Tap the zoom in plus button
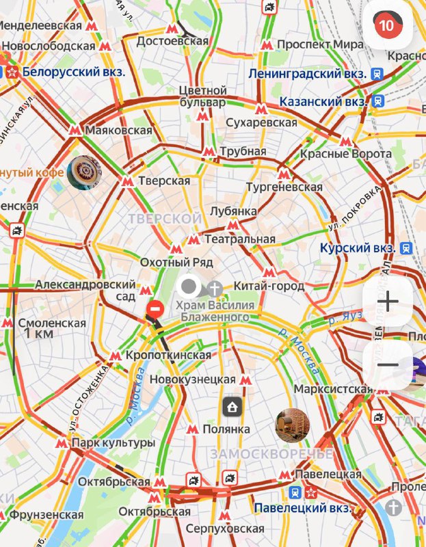pyautogui.click(x=388, y=302)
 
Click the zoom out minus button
pyautogui.click(x=388, y=364)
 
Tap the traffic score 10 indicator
pyautogui.click(x=388, y=26)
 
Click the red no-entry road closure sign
pyautogui.click(x=155, y=309)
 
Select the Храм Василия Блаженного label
pyautogui.click(x=215, y=311)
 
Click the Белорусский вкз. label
pyautogui.click(x=73, y=71)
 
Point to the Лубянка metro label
pyautogui.click(x=233, y=211)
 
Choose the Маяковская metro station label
pyautogui.click(x=119, y=130)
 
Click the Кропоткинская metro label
pyautogui.click(x=168, y=356)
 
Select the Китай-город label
pyautogui.click(x=269, y=286)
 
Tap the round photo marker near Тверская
pyautogui.click(x=85, y=172)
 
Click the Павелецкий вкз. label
pyautogui.click(x=303, y=509)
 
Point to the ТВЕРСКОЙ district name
pyautogui.click(x=164, y=217)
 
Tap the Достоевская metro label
pyautogui.click(x=172, y=41)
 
